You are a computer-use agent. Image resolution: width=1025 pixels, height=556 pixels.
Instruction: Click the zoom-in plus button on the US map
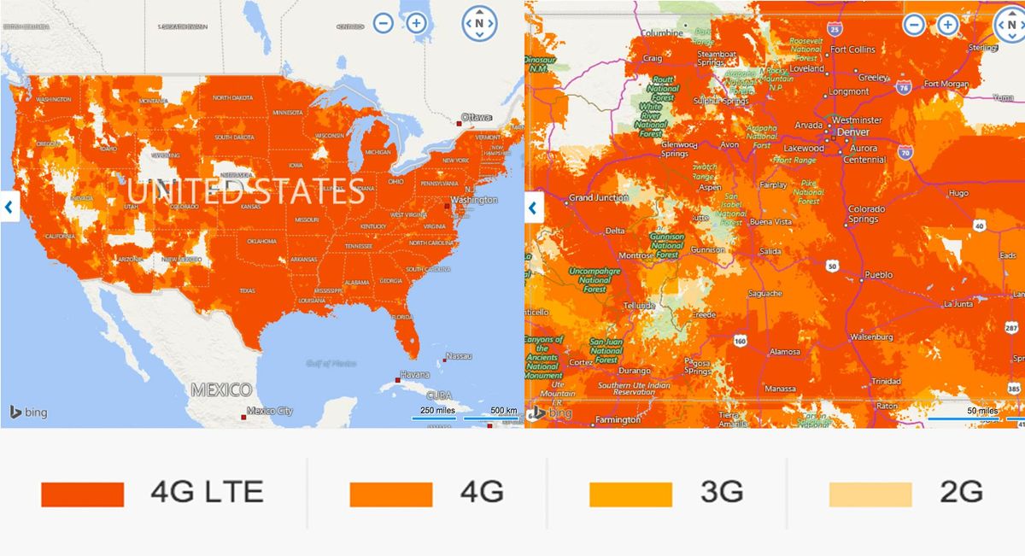click(x=416, y=23)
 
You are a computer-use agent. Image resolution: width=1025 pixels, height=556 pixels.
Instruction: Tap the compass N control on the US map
click(x=479, y=23)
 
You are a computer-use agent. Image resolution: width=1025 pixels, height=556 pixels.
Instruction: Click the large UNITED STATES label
click(x=246, y=191)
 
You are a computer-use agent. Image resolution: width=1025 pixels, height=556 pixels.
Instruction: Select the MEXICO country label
click(x=221, y=390)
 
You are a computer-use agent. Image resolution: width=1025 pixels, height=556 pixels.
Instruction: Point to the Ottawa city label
click(x=477, y=117)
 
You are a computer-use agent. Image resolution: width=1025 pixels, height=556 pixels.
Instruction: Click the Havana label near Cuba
click(x=415, y=375)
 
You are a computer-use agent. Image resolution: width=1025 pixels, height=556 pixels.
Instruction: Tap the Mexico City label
click(x=269, y=411)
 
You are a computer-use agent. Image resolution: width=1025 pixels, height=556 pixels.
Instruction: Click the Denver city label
click(x=852, y=133)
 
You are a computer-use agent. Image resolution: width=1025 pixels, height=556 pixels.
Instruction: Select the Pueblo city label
click(x=878, y=275)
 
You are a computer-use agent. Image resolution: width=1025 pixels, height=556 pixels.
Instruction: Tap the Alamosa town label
click(x=785, y=352)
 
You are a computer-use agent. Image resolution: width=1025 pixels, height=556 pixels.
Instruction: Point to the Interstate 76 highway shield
click(x=904, y=86)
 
